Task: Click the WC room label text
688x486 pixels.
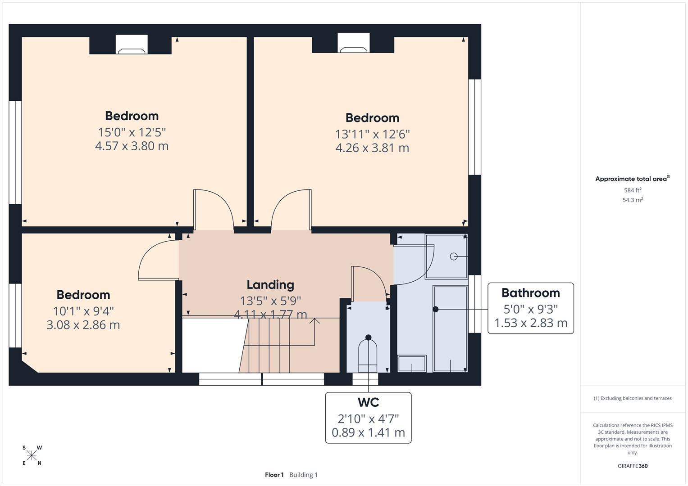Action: (368, 402)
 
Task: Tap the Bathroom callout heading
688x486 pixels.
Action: (530, 293)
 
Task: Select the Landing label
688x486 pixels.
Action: (270, 285)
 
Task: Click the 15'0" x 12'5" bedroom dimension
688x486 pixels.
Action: (132, 132)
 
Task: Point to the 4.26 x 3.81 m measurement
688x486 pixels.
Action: (372, 148)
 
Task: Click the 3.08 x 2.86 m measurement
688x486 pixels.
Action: (83, 325)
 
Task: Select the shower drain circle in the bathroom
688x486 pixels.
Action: (454, 256)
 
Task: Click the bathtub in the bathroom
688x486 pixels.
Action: (450, 328)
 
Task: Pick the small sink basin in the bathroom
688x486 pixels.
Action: (412, 364)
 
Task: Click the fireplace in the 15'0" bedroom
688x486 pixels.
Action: (132, 45)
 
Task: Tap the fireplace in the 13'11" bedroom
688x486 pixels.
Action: (354, 44)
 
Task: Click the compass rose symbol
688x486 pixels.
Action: (32, 456)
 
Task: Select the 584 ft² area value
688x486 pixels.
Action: (632, 190)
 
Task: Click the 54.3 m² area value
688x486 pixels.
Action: (632, 200)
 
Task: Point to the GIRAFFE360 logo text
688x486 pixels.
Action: (632, 466)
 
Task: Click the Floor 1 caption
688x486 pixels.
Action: (274, 475)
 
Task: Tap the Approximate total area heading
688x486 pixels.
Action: (631, 179)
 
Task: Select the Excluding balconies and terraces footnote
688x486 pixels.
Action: (632, 398)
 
